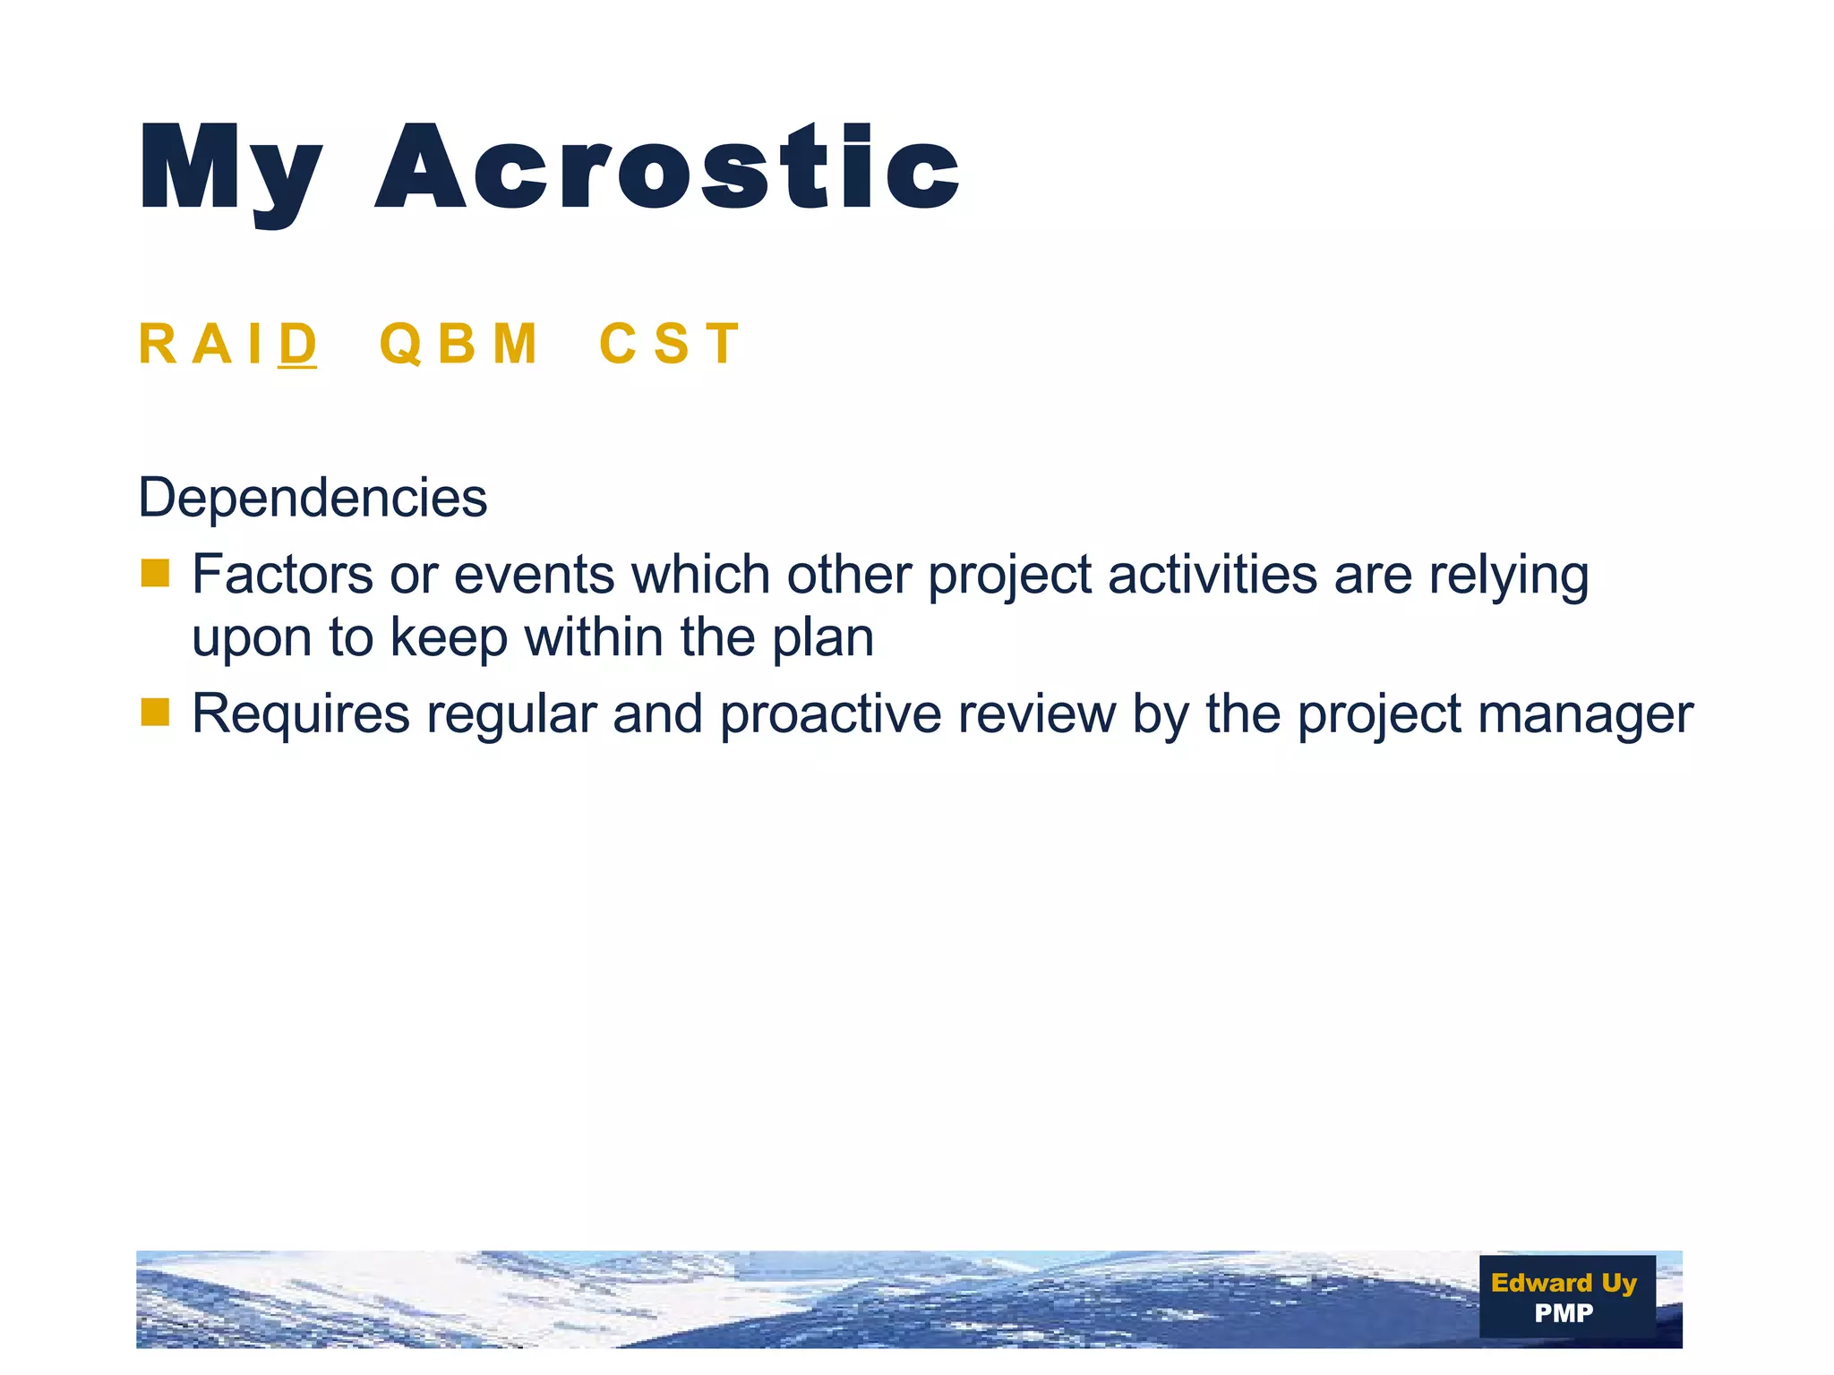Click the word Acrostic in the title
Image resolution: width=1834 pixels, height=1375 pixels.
tap(667, 168)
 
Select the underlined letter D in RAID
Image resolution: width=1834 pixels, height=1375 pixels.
tap(297, 344)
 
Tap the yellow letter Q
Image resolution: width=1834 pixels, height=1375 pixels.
tap(400, 344)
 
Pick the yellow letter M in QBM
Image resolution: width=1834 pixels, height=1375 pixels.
tap(514, 344)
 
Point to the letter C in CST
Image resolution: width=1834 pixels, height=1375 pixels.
tap(617, 344)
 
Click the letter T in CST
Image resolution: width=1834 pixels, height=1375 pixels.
tap(722, 344)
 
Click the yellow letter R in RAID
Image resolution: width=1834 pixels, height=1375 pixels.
tap(159, 344)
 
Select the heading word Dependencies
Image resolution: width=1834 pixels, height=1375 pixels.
tap(313, 498)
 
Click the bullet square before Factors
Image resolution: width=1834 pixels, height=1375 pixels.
tap(155, 574)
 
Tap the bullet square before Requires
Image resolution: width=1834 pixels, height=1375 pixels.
tap(155, 713)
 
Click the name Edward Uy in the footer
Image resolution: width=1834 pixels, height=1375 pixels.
tap(1564, 1283)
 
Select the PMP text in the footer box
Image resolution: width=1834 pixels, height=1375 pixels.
tap(1564, 1313)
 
